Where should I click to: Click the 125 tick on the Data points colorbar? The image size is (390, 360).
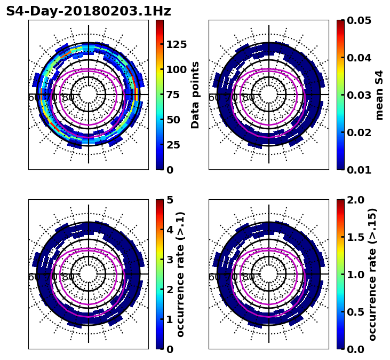[176, 44]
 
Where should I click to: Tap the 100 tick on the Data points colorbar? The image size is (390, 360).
[176, 69]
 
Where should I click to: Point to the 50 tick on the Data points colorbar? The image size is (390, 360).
[173, 120]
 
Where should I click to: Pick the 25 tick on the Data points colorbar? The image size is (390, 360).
[173, 145]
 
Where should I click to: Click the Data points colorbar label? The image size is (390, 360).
[195, 95]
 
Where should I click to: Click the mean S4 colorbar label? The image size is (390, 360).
[379, 95]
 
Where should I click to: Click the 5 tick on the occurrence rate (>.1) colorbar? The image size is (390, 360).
[170, 200]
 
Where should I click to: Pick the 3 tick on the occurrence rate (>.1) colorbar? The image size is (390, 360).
[170, 260]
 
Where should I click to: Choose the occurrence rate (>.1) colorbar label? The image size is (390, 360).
[180, 275]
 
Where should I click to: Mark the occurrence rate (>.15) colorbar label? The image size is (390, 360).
[372, 275]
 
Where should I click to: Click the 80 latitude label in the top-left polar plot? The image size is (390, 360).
[68, 98]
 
